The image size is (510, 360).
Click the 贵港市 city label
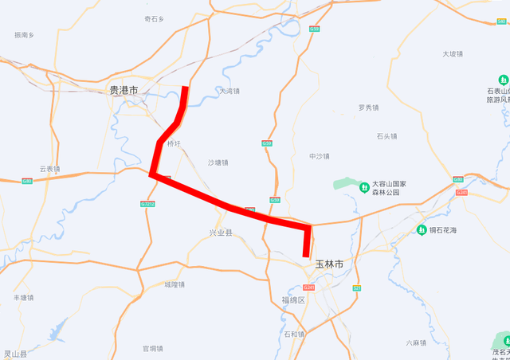124,91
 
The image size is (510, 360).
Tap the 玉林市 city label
329,263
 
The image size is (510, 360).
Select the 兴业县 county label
221,233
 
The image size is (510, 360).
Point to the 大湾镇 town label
229,91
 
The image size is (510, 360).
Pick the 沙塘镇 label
218,162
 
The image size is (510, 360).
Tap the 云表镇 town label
49,169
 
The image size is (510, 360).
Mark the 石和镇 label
295,334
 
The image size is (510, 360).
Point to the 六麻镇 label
416,343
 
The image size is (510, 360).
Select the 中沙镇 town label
320,156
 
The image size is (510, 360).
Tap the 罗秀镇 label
369,108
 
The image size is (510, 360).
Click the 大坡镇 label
452,54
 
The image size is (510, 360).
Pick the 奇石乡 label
155,18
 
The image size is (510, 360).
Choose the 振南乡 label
25,35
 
